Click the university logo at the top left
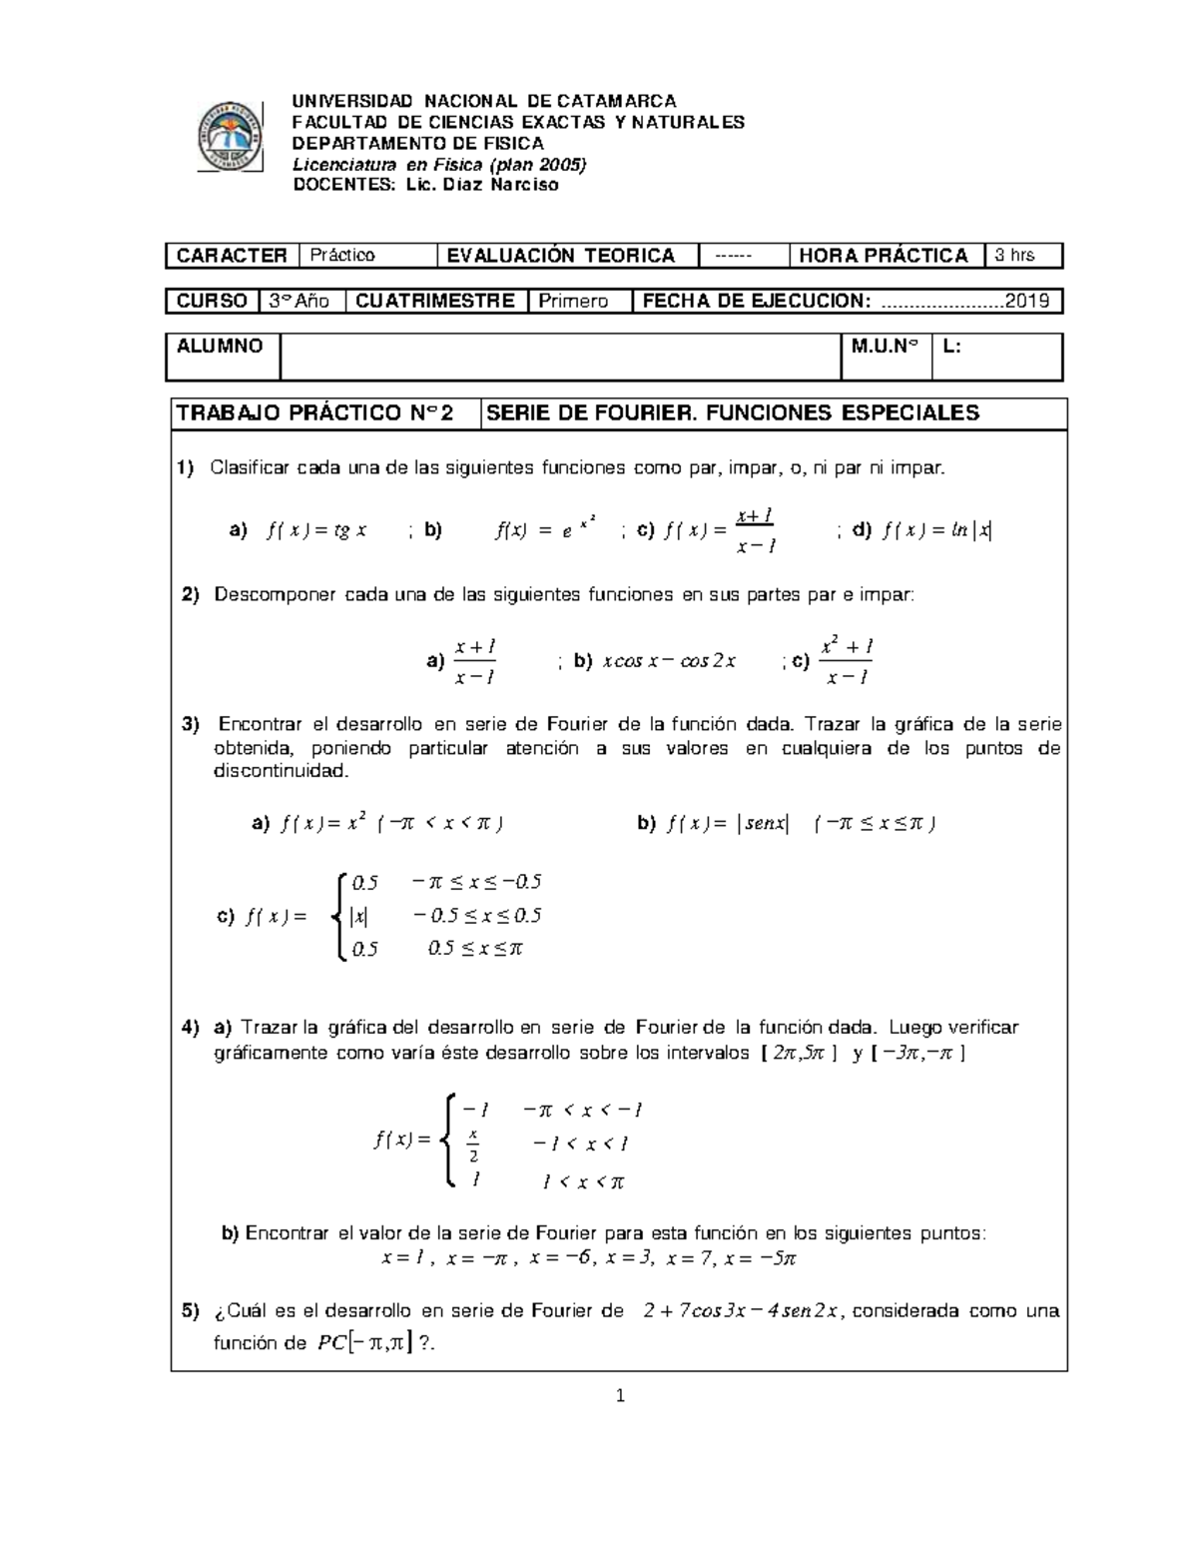[x=231, y=137]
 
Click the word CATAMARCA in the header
[x=616, y=101]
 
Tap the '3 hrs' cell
[x=1022, y=256]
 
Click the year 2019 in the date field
[x=1027, y=301]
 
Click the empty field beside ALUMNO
[x=560, y=357]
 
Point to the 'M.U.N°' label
[x=885, y=347]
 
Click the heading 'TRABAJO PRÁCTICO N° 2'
[x=314, y=413]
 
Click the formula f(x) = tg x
[x=316, y=531]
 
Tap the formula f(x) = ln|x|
[x=936, y=531]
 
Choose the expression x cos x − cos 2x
[x=669, y=661]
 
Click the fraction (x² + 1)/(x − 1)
[x=846, y=661]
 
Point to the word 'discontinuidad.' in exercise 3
[x=283, y=772]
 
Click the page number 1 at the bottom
[x=620, y=1396]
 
